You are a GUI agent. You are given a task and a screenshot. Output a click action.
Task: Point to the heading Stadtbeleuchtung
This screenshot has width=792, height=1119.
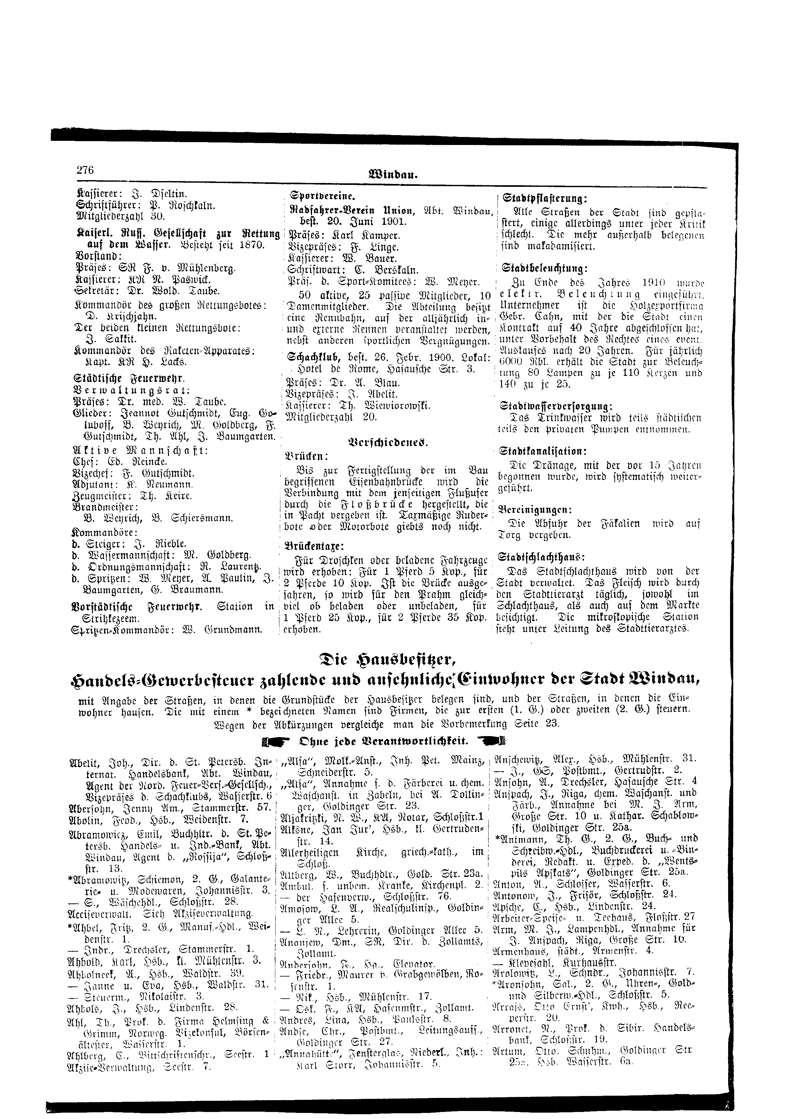click(x=543, y=268)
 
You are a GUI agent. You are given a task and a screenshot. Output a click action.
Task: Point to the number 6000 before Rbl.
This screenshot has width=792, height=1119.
click(x=512, y=363)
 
